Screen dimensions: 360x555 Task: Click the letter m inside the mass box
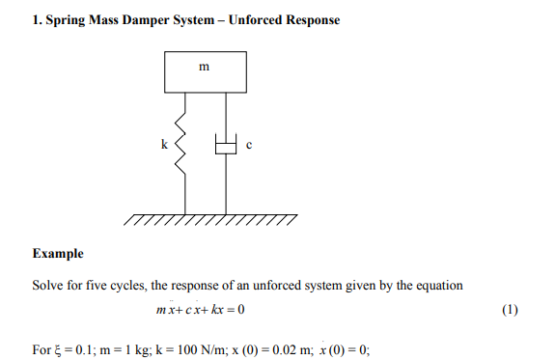click(204, 69)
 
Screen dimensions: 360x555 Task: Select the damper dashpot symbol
click(226, 148)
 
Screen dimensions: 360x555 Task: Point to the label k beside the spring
click(164, 146)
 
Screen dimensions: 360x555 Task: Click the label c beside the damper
click(249, 146)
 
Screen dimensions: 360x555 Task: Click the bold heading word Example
click(58, 255)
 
